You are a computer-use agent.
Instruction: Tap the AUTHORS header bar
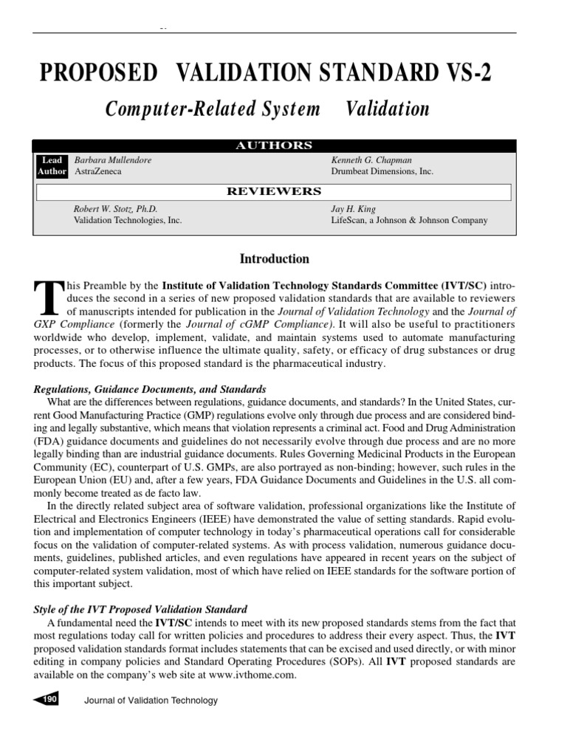click(x=273, y=145)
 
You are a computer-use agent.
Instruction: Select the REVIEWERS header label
click(x=273, y=191)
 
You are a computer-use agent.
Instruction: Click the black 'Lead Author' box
click(x=52, y=165)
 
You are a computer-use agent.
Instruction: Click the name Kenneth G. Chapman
click(x=371, y=159)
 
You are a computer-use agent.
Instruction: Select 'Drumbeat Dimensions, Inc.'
click(x=382, y=171)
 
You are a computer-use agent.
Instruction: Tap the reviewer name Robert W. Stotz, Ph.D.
click(x=115, y=208)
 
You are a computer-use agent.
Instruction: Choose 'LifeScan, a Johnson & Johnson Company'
click(x=408, y=220)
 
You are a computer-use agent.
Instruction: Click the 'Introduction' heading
click(x=274, y=259)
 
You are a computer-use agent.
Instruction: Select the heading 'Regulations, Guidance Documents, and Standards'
click(x=151, y=389)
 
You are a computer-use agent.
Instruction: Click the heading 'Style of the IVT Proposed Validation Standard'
click(x=140, y=609)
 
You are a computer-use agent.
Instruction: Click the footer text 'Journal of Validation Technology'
click(x=151, y=701)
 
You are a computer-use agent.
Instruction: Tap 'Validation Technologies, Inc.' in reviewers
click(x=127, y=220)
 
